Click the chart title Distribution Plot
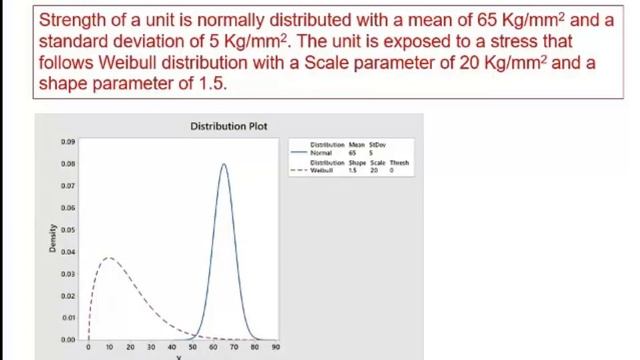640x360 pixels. tap(229, 127)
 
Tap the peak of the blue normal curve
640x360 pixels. tap(223, 164)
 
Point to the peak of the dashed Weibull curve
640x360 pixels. tap(109, 258)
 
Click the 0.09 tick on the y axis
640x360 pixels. tap(69, 142)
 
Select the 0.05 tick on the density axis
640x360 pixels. tap(69, 230)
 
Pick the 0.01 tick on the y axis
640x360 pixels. tap(69, 318)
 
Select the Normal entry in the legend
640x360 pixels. tap(320, 153)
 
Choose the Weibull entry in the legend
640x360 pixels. tap(321, 170)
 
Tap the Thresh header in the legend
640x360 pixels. tap(399, 162)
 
